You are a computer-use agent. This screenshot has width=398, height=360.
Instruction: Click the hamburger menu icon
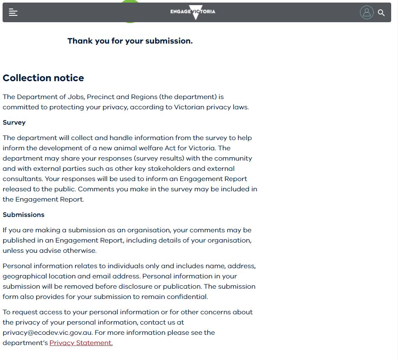coord(13,12)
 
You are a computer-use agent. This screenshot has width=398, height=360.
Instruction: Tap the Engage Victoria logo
coord(193,12)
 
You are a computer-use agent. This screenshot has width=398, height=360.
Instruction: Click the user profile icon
coord(366,12)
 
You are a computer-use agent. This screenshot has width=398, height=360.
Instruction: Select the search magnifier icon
coord(381,13)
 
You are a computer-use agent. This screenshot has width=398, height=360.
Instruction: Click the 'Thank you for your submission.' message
coord(130,41)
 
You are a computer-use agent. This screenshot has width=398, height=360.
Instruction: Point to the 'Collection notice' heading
coord(43,78)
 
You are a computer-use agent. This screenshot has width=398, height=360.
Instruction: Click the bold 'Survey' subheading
coord(14,123)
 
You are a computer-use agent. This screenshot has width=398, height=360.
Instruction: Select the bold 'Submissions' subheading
coord(23,215)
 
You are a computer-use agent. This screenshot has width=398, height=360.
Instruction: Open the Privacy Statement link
coord(81,343)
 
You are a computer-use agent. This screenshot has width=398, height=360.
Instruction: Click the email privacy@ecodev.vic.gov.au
coord(47,333)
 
